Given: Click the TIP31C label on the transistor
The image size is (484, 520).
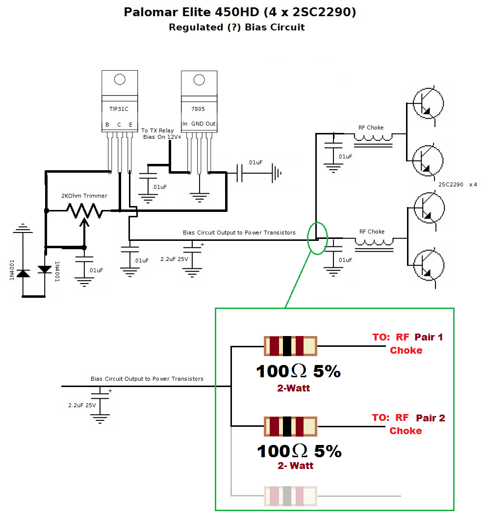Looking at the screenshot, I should coord(119,109).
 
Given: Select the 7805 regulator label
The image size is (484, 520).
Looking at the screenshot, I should coord(199,109).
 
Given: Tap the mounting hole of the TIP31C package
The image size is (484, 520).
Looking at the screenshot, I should coord(119,80).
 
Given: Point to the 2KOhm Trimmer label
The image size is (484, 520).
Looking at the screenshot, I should coord(84,196).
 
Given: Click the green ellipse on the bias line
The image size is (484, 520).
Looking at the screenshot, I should coord(317,238).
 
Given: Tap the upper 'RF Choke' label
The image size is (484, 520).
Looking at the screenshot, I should coord(371,128).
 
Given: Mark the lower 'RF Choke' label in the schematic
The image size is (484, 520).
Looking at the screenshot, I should coord(372,232).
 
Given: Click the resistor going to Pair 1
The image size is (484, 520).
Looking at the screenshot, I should coord(290,346).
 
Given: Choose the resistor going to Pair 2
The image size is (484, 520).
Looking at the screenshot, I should coord(290,426).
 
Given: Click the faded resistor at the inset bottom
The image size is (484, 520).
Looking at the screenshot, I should coord(290,496).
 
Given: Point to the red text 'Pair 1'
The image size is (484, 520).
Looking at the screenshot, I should coord(429,337).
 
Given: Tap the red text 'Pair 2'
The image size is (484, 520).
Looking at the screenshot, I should coord(431,418).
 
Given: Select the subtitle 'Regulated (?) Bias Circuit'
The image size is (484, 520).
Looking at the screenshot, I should coord(237,27).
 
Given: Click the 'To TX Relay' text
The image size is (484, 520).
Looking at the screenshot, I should coord(157,130).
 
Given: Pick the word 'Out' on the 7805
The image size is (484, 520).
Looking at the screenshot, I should coord(210,124).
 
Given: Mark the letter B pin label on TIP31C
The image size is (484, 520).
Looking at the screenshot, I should coord(107,125).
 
